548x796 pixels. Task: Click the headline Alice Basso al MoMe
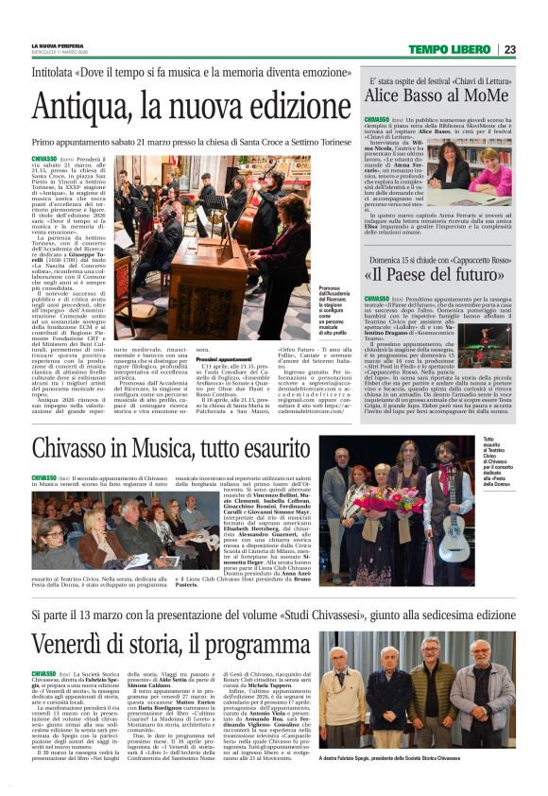pos(424,96)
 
